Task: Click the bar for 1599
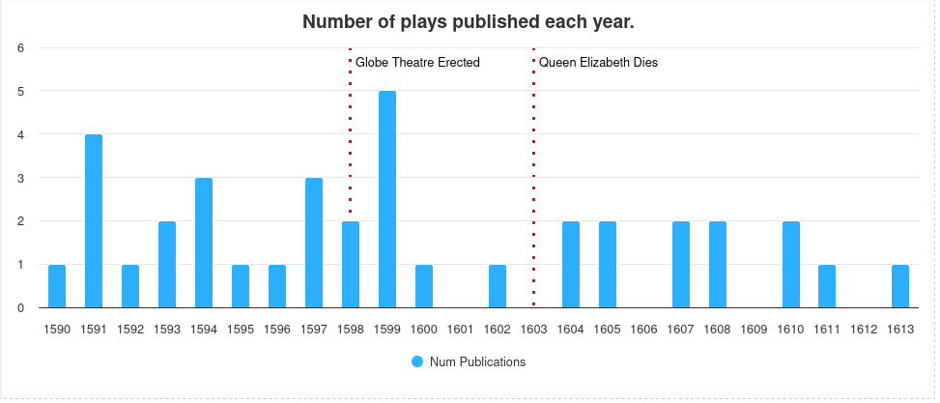(x=387, y=200)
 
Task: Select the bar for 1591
(x=94, y=221)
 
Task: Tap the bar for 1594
(x=204, y=243)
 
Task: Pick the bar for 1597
(x=314, y=243)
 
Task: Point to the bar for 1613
(x=900, y=286)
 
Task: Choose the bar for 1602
(x=498, y=286)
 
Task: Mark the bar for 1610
(x=791, y=265)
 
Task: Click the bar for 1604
(x=571, y=265)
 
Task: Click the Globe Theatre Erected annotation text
(x=417, y=63)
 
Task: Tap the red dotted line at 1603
(x=533, y=145)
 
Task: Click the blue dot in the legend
(x=417, y=362)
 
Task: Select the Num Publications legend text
(x=477, y=362)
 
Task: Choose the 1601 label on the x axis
(x=461, y=330)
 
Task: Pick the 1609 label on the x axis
(x=755, y=330)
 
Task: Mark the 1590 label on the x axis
(x=57, y=330)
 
